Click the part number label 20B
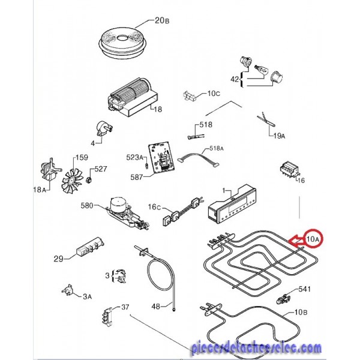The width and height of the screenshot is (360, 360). pos(162,20)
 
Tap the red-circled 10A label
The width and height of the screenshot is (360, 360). pos(313,239)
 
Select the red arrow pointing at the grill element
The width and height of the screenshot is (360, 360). pos(296,241)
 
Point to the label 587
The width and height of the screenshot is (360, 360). pos(137,177)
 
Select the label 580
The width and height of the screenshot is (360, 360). pos(87,205)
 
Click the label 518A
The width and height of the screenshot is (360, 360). pos(216,149)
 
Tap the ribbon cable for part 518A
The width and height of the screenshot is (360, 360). pos(198,158)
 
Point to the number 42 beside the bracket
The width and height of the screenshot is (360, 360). pos(235,80)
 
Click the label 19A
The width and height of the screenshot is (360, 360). pos(280,136)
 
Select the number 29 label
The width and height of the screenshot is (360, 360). pos(59,259)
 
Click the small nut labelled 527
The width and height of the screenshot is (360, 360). pos(89,180)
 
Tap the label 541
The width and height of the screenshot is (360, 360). pos(304,289)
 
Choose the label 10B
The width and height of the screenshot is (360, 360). pos(301,312)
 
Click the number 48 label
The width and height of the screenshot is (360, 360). pos(156,306)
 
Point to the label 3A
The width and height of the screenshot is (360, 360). pos(87,296)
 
